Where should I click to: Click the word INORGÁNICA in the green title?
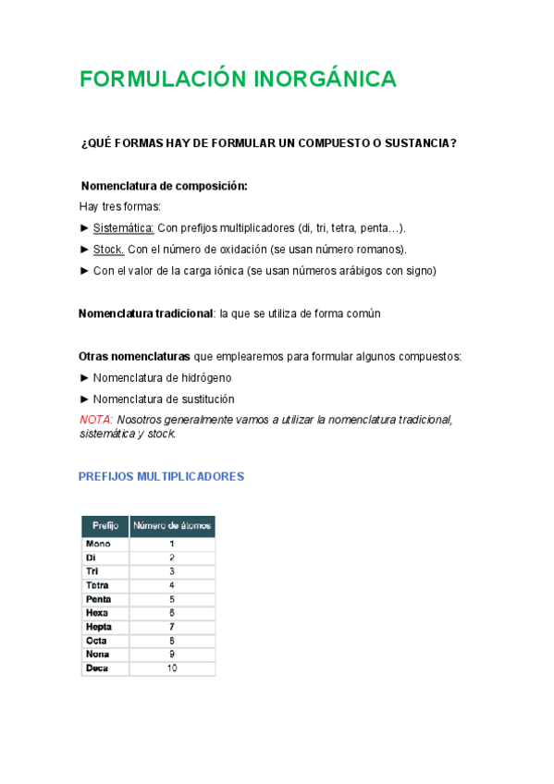[x=325, y=80]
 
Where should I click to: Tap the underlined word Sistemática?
[x=123, y=227]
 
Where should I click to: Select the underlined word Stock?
[x=108, y=250]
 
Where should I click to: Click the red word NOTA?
[x=96, y=420]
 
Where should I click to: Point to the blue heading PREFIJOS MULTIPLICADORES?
[x=161, y=477]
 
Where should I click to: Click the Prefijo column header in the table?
[x=105, y=526]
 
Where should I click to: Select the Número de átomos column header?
[x=172, y=526]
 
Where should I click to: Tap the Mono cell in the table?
[x=98, y=545]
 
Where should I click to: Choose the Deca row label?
[x=97, y=668]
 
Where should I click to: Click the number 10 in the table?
[x=172, y=668]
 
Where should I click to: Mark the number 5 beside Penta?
[x=172, y=599]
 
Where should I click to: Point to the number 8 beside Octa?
[x=172, y=641]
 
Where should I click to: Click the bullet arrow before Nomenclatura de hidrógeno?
[x=85, y=377]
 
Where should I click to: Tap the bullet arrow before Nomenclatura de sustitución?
[x=85, y=399]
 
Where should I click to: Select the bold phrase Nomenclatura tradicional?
[x=146, y=313]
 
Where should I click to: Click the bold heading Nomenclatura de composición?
[x=165, y=186]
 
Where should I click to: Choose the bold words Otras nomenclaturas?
[x=135, y=356]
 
